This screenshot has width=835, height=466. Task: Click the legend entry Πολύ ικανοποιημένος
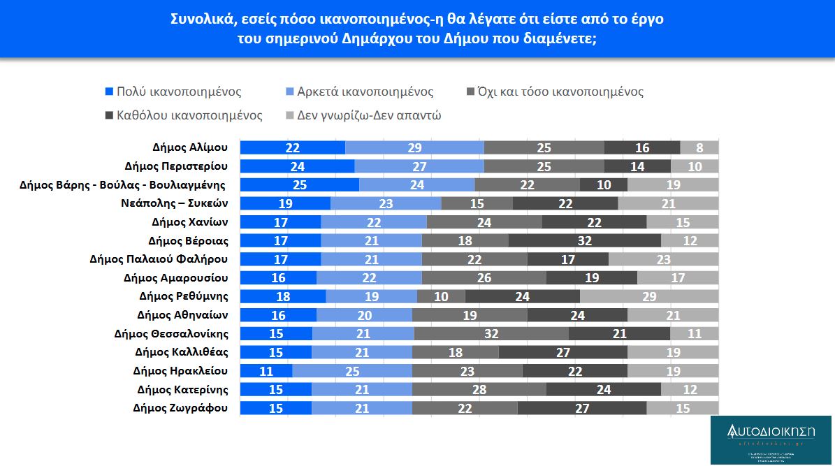pyautogui.click(x=178, y=92)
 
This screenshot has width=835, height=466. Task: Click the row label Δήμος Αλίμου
pyautogui.click(x=189, y=147)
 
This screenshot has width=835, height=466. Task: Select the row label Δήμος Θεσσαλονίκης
pyautogui.click(x=170, y=333)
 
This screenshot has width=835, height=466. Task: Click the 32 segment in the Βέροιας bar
pyautogui.click(x=585, y=240)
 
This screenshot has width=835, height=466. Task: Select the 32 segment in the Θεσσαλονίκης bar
pyautogui.click(x=491, y=333)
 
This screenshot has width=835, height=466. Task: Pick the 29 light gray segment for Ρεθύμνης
pyautogui.click(x=649, y=296)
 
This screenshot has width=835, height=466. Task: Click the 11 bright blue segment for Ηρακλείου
pyautogui.click(x=266, y=370)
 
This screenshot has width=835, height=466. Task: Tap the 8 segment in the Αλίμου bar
pyautogui.click(x=699, y=147)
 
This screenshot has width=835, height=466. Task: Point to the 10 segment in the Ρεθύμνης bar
pyautogui.click(x=441, y=296)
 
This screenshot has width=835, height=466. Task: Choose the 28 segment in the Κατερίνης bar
pyautogui.click(x=479, y=389)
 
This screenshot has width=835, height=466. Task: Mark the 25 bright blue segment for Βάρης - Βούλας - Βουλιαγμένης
pyautogui.click(x=300, y=184)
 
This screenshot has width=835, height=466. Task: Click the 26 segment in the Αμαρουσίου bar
pyautogui.click(x=484, y=277)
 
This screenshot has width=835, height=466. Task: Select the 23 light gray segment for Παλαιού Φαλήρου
pyautogui.click(x=663, y=259)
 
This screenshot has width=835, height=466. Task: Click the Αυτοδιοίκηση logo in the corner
pyautogui.click(x=771, y=439)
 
